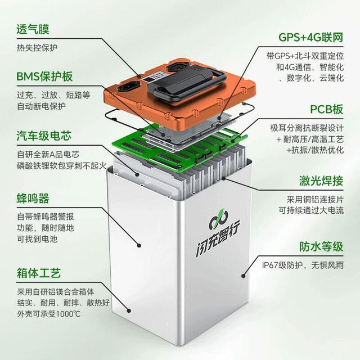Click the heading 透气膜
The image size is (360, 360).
[33, 30]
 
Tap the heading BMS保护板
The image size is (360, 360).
[44, 76]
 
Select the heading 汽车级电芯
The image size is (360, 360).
[44, 136]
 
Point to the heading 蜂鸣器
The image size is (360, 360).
[33, 199]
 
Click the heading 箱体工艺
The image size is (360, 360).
[39, 273]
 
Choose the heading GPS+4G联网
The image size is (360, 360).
[311, 37]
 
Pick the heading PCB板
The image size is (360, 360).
[327, 109]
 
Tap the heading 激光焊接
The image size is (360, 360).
[321, 181]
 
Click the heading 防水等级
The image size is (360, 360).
[321, 246]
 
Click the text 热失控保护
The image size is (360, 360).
[37, 48]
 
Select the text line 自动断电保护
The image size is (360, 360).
[41, 106]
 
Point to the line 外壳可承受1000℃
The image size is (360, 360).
[49, 314]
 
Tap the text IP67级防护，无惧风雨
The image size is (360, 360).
[303, 265]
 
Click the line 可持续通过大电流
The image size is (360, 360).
[311, 210]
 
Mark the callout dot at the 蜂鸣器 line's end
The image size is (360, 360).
[139, 245]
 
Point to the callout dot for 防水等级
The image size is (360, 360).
[244, 276]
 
